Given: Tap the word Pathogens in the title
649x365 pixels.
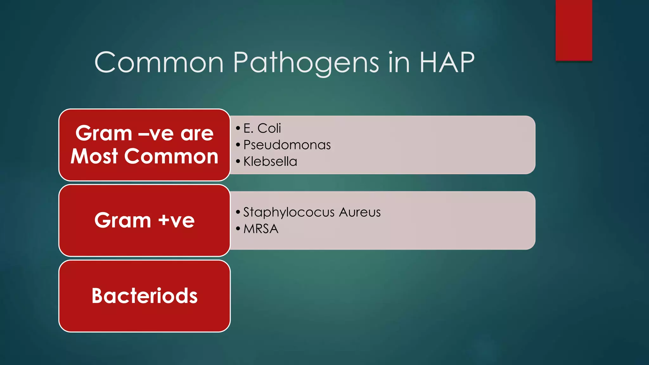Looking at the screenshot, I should click(x=306, y=62).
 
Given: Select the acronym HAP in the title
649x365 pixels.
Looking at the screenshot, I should click(x=447, y=62).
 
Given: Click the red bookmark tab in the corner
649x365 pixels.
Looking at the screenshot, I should click(x=574, y=30).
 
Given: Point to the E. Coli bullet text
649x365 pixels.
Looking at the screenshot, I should click(x=262, y=128).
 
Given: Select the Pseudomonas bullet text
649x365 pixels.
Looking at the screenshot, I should click(x=287, y=145).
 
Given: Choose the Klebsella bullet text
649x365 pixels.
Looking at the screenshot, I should click(x=270, y=162).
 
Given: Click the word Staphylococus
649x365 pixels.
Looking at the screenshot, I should click(x=289, y=212).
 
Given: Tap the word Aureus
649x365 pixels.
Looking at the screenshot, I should click(x=360, y=212).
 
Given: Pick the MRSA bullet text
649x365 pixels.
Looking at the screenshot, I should click(x=261, y=229).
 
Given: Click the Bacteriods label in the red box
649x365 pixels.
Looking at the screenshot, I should click(x=145, y=296).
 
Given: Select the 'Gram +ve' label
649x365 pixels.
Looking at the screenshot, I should click(x=145, y=220).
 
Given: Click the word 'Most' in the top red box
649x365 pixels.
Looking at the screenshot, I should click(x=94, y=156).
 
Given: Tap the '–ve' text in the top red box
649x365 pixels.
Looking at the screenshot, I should click(x=157, y=133).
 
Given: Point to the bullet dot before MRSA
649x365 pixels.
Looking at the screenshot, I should click(x=238, y=229).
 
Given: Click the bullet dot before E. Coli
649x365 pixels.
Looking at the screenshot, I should click(x=238, y=128).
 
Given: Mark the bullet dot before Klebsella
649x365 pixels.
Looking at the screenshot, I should click(x=238, y=162).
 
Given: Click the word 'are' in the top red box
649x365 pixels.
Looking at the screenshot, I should click(x=197, y=133).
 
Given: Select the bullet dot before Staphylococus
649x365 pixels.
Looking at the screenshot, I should click(x=238, y=212).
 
